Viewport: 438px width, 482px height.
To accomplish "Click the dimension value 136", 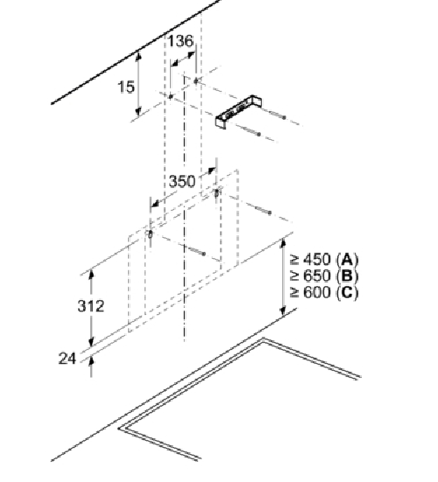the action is pos(180,41).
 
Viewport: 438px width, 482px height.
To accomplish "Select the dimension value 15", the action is pos(126,87).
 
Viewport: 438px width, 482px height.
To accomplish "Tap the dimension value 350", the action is pos(182,181).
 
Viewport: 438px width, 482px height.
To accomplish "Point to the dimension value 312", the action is pos(91,306).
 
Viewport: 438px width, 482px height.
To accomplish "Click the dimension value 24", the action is pos(67,359).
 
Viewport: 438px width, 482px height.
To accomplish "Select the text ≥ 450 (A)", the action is pos(324,260).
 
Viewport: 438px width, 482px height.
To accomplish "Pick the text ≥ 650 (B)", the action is pos(324,276).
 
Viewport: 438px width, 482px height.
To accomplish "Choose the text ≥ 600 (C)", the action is pos(324,292).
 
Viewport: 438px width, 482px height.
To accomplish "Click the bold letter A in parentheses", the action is pos(347,260).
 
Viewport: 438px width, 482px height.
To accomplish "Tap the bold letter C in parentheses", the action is pos(347,292).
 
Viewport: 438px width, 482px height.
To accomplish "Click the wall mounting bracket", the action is pos(238,112).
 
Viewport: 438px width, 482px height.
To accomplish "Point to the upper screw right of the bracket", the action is pos(278,115).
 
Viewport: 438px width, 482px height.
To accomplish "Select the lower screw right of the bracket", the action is pos(252,131).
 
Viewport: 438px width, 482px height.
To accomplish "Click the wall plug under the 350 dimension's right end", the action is pos(216,193).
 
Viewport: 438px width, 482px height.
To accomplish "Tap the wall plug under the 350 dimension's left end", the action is pos(150,234).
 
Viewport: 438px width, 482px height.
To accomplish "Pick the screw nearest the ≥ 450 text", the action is pos(264,211).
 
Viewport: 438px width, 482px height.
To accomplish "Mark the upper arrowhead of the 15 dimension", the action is pos(138,56).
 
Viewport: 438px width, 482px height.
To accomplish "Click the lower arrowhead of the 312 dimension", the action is pos(91,341).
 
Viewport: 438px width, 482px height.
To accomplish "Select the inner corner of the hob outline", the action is pos(262,342).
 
